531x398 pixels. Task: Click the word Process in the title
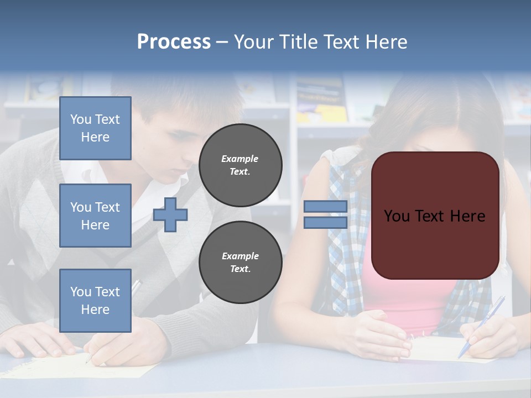pyautogui.click(x=174, y=42)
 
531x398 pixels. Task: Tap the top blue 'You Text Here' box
pyautogui.click(x=95, y=128)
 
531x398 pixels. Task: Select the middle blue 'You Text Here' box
pyautogui.click(x=95, y=216)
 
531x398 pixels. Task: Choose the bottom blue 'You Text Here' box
pyautogui.click(x=95, y=300)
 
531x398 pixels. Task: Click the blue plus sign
pyautogui.click(x=170, y=214)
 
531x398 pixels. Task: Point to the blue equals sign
pyautogui.click(x=325, y=214)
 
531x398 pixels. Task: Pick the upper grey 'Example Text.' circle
pyautogui.click(x=240, y=165)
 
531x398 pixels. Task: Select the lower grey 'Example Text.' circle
pyautogui.click(x=240, y=262)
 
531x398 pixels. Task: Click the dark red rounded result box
pyautogui.click(x=435, y=216)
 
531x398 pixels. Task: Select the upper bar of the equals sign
pyautogui.click(x=325, y=207)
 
